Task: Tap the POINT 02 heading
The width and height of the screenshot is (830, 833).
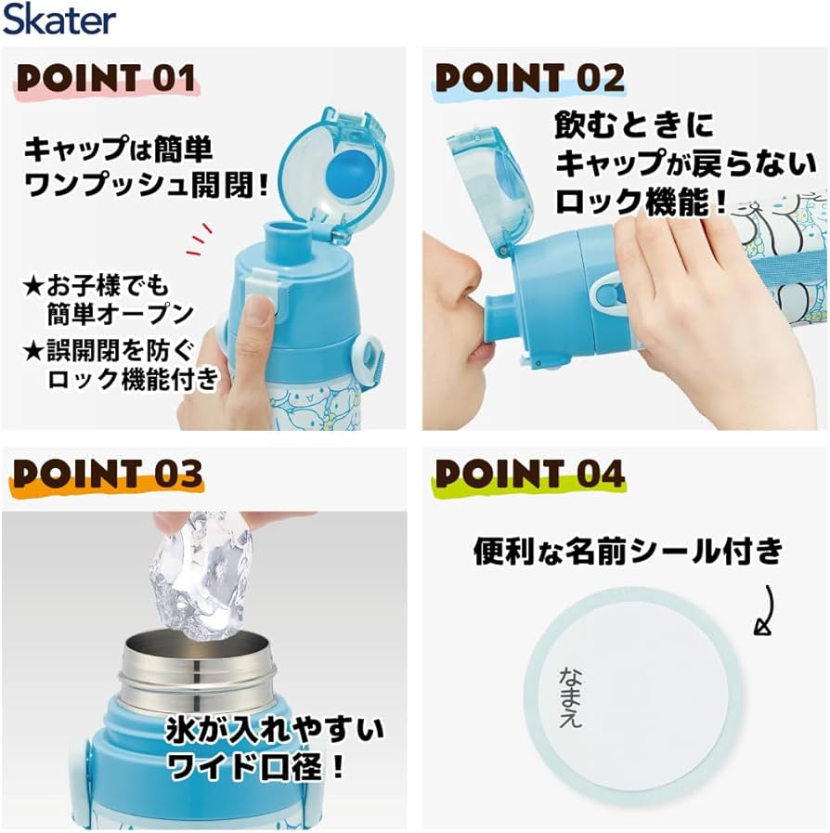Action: point(529,79)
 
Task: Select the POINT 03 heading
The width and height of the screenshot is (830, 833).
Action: point(108,474)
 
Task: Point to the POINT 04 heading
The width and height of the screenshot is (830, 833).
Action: point(529,474)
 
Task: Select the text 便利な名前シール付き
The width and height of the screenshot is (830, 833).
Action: point(629,552)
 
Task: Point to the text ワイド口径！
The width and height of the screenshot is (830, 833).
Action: point(258,766)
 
